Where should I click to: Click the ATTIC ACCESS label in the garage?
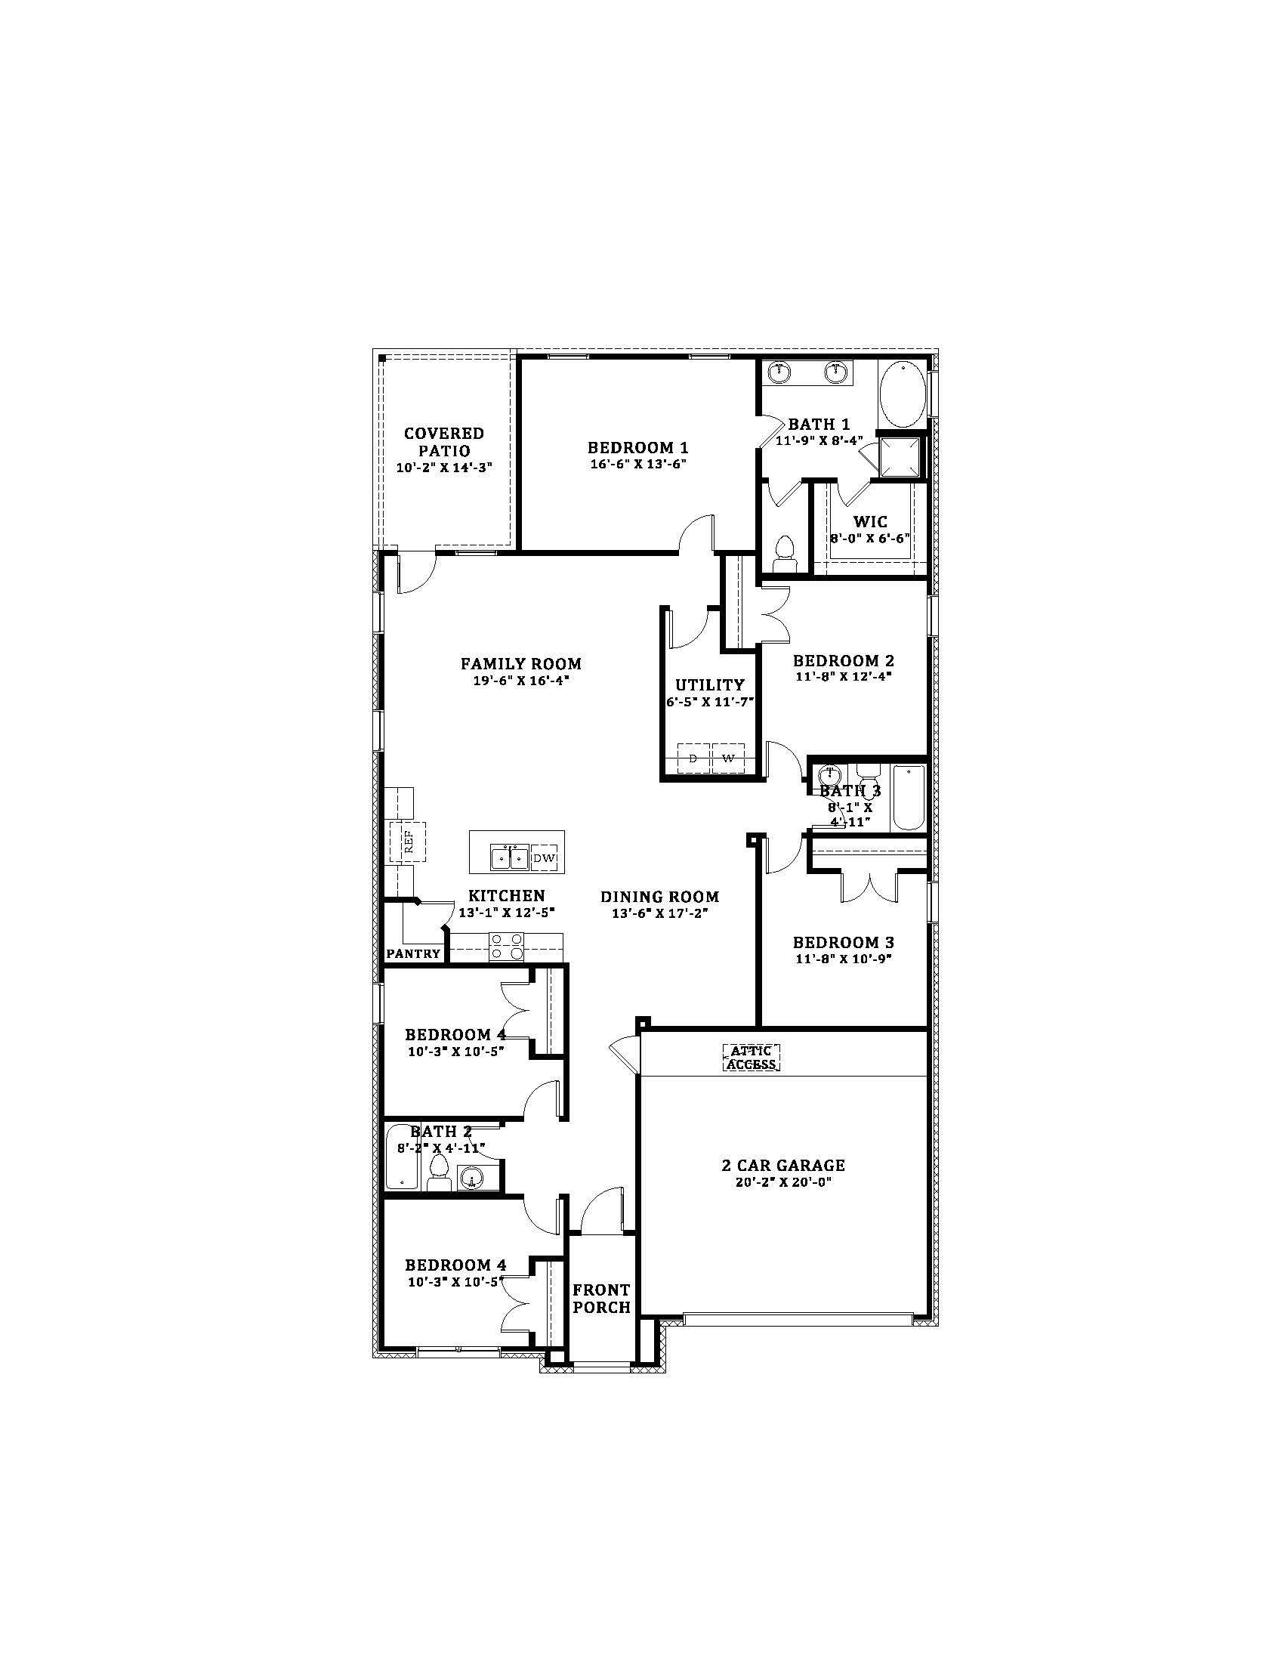751,1058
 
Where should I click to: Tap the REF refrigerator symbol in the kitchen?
407,842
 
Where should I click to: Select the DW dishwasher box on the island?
544,859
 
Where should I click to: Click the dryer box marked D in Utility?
693,758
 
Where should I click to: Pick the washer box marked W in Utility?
728,758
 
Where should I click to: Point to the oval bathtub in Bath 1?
902,394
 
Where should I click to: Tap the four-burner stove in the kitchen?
507,946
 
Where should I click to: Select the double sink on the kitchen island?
510,857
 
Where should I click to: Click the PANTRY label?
413,953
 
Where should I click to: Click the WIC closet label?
870,522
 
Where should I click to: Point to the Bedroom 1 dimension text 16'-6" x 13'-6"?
638,463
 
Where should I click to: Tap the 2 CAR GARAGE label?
782,1165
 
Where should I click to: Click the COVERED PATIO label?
444,441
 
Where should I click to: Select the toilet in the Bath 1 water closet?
782,551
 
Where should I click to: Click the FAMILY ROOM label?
521,663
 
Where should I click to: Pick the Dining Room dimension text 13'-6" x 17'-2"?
659,913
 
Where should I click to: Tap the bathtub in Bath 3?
907,799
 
